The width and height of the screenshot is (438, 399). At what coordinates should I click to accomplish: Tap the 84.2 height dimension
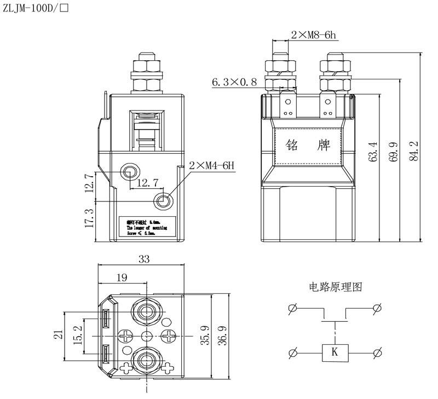(414, 151)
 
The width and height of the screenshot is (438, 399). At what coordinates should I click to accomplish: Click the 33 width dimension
(144, 259)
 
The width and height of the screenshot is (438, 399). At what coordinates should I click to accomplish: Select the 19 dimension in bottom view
(122, 277)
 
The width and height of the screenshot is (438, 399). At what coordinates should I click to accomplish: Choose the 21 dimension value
(59, 334)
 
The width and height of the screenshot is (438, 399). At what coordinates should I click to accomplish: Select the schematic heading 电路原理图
(335, 287)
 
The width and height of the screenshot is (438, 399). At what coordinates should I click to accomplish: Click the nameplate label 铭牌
(308, 146)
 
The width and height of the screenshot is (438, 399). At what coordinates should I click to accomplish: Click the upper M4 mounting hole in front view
(130, 172)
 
